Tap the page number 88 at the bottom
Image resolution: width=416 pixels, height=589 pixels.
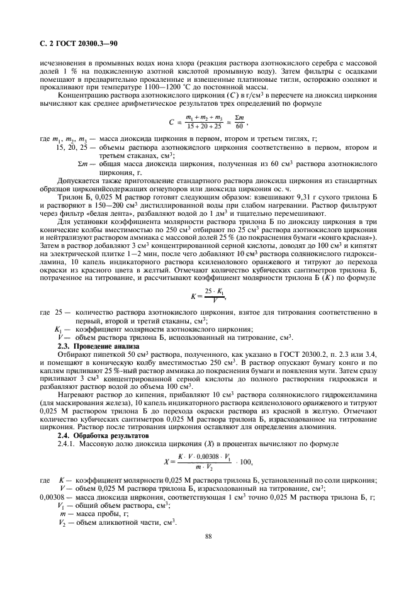coord(208,536)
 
